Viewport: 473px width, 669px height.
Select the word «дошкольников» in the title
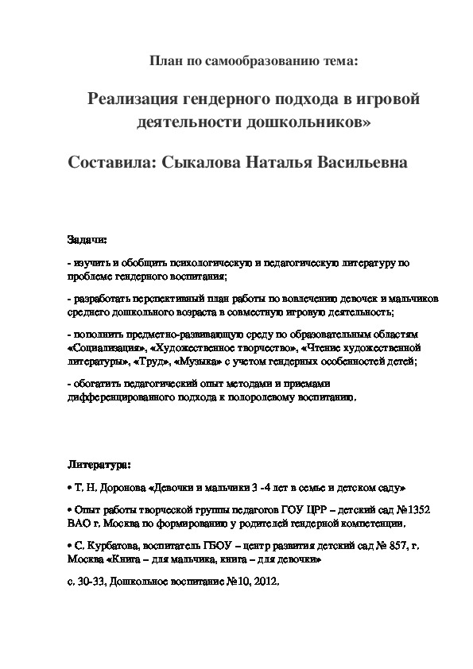pyautogui.click(x=316, y=123)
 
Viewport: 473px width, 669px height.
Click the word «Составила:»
pyautogui.click(x=112, y=162)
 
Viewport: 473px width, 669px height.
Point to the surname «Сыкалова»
pyautogui.click(x=203, y=162)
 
